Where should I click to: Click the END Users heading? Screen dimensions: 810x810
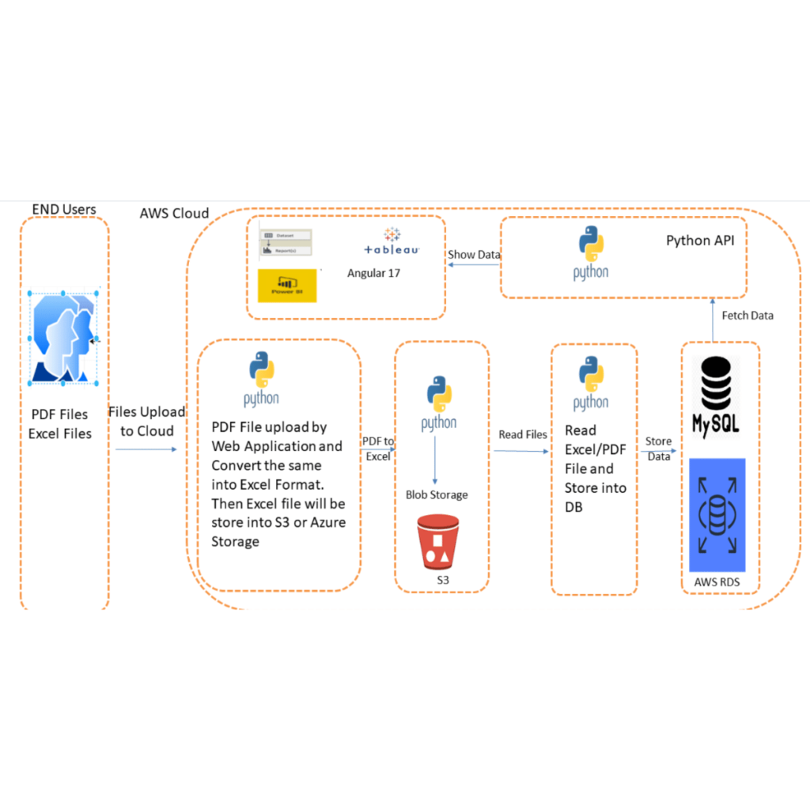pos(64,210)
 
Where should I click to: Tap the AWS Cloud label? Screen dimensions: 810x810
pos(174,213)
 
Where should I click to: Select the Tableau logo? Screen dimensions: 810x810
pos(392,241)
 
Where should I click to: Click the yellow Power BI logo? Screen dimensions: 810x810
pos(287,286)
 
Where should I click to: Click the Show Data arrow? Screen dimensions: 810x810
pos(473,266)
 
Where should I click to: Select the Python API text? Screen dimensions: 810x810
pos(699,240)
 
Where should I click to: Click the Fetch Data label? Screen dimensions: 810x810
pos(748,315)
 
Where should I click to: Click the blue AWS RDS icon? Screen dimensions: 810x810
pos(717,514)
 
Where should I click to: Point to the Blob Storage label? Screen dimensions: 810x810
pos(437,494)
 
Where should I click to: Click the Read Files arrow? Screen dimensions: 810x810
pos(520,452)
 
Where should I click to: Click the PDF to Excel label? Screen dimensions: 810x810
pos(378,449)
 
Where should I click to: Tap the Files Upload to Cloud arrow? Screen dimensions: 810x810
pos(146,449)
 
